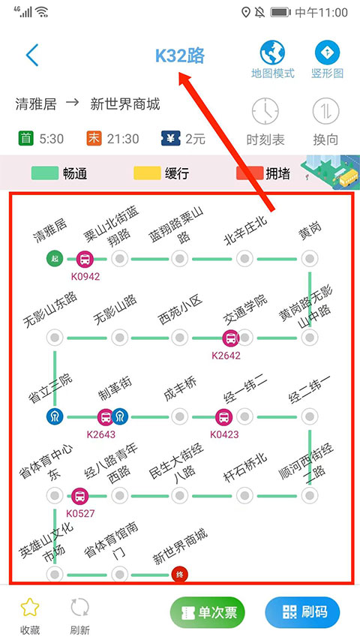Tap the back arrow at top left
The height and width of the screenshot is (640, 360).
tap(31, 56)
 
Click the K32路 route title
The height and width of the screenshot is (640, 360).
tap(180, 56)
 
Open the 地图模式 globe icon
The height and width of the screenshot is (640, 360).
tap(272, 53)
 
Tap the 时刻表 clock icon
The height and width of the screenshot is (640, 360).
tap(265, 112)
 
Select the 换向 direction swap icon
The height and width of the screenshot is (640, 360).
tap(327, 112)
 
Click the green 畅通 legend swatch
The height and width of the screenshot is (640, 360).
tap(44, 173)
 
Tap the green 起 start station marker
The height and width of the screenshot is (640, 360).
tap(54, 259)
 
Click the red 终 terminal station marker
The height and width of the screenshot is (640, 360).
tap(180, 575)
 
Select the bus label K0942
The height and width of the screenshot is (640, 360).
tap(85, 276)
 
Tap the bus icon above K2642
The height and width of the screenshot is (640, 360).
tap(229, 338)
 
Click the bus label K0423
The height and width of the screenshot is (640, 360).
tap(224, 434)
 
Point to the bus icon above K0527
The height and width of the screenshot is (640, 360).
tap(79, 495)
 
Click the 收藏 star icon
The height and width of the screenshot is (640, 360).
tap(30, 607)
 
